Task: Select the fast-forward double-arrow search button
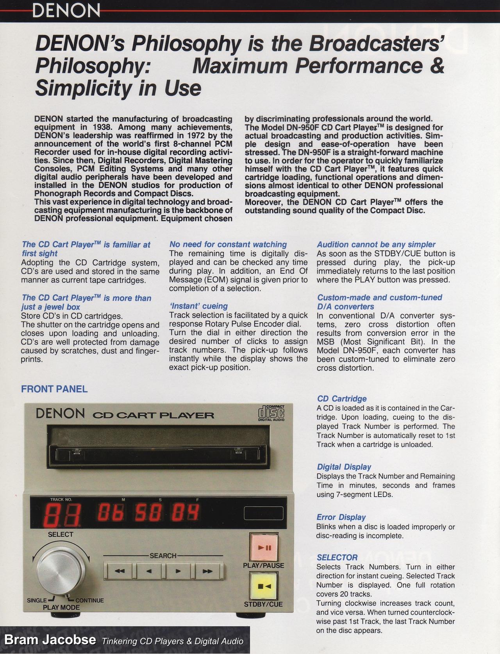click(x=208, y=571)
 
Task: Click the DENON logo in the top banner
click(x=66, y=11)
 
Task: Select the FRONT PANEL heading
click(x=54, y=389)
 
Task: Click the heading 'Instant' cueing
click(x=198, y=306)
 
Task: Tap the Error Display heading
click(x=341, y=517)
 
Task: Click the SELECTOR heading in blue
click(x=337, y=557)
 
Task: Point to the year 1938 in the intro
click(x=98, y=127)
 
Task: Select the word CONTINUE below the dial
click(x=89, y=600)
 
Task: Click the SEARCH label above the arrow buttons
click(x=163, y=555)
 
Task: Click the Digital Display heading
click(x=344, y=467)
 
